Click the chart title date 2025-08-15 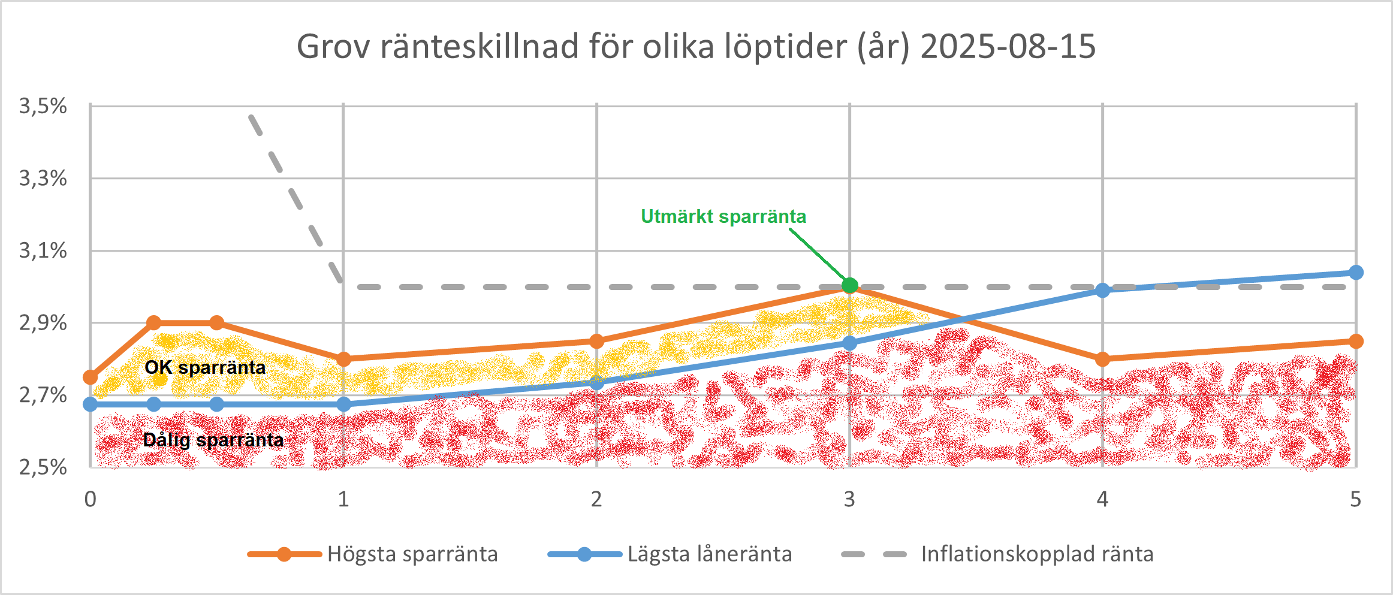(x=1008, y=46)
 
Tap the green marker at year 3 (x=849, y=285)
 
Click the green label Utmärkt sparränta (x=723, y=216)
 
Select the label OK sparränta (x=205, y=367)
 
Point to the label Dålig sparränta (x=213, y=440)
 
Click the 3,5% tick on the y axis (x=43, y=106)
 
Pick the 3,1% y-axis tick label (x=43, y=250)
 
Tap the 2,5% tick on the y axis (x=43, y=467)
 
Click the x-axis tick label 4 (x=1102, y=499)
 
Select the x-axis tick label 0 (x=91, y=499)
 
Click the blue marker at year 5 (x=1356, y=273)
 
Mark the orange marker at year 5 (x=1356, y=342)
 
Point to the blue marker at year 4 (x=1102, y=291)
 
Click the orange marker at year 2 (x=596, y=342)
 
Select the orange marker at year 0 (x=91, y=377)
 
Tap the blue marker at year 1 (x=343, y=404)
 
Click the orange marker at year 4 (x=1102, y=360)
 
